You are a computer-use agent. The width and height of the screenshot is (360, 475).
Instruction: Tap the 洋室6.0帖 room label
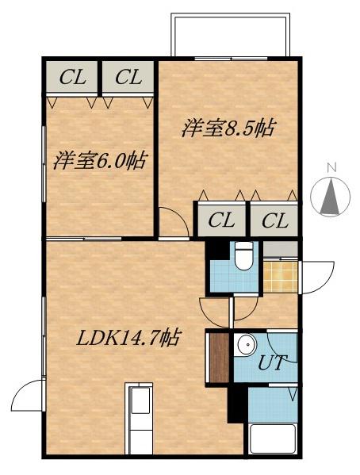coord(99,161)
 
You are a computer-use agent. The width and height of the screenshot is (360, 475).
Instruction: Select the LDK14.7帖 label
coord(126,339)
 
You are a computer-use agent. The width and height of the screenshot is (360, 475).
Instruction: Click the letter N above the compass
coord(333,167)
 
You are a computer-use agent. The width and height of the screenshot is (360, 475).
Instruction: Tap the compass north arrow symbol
coord(333,197)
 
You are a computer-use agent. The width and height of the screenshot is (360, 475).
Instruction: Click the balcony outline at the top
coord(230,35)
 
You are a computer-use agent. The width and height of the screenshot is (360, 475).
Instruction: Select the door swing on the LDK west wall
coord(29,395)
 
